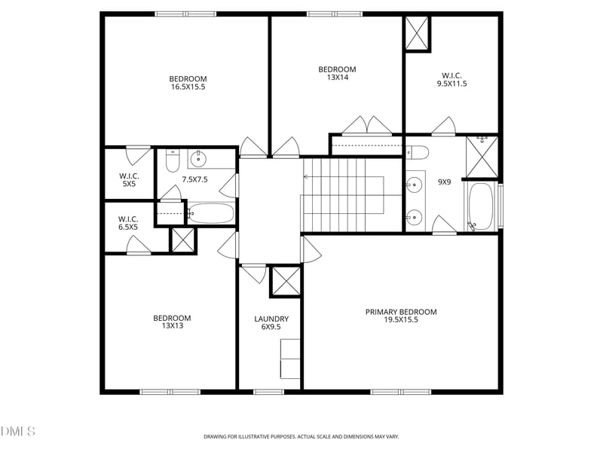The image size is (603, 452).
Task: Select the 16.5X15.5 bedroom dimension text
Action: pos(188,87)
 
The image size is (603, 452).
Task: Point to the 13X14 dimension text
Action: pos(337,78)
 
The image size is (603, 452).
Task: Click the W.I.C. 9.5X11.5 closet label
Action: pos(451,80)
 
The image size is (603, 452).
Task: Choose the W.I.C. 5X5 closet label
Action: pos(129,180)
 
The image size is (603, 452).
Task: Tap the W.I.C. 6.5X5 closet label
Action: pos(128,223)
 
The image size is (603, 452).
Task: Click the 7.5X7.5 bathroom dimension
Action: pos(194,179)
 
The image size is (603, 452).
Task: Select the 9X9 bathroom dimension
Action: pos(444,182)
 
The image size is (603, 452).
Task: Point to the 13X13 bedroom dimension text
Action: pos(173,325)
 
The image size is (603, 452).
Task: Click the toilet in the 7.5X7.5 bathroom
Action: pos(173,161)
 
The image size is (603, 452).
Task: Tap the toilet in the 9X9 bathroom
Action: pos(418,152)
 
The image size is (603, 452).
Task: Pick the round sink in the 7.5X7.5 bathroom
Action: pos(198,158)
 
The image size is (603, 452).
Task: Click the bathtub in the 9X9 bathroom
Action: pos(481,206)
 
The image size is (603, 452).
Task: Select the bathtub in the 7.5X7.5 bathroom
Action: pos(211,213)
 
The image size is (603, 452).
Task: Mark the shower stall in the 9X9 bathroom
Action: pos(482,157)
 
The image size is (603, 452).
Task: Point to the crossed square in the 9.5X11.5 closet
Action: pos(417,33)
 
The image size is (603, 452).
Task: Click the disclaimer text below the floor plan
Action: pos(301,437)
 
